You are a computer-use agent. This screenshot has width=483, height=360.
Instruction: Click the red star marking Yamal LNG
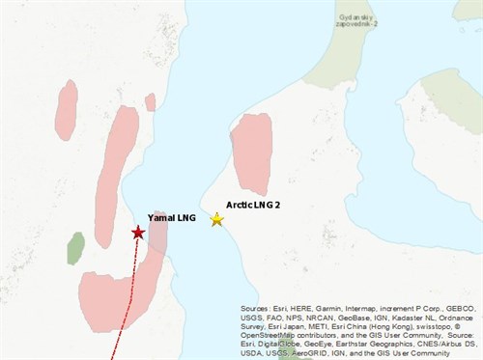click(138, 233)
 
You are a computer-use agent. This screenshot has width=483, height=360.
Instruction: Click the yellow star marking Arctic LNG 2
click(217, 219)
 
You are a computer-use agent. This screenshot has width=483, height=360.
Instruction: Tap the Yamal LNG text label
click(172, 219)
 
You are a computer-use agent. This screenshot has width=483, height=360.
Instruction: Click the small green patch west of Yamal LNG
click(75, 248)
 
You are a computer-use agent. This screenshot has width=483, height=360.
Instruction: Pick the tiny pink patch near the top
click(150, 101)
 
